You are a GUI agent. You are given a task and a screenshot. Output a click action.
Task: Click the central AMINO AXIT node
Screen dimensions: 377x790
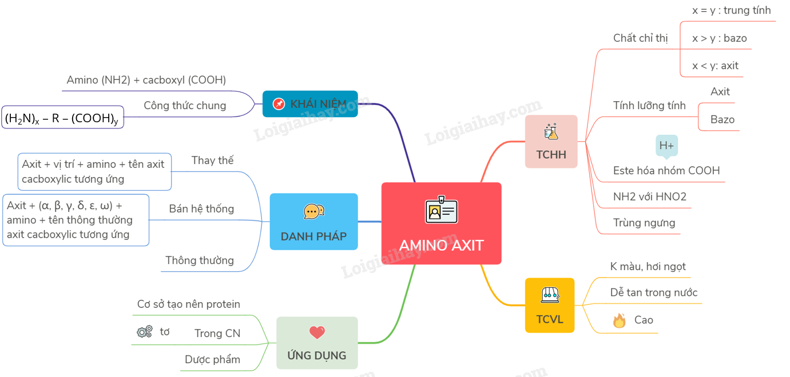click(x=441, y=223)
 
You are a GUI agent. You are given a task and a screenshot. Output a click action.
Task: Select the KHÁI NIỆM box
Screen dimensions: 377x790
click(x=310, y=104)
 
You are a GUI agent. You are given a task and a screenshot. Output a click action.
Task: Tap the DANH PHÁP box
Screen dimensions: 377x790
click(x=313, y=222)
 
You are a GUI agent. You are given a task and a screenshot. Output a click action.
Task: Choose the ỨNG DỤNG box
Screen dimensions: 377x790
click(x=316, y=343)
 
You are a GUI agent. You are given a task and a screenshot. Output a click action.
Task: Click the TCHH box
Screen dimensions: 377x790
click(x=551, y=142)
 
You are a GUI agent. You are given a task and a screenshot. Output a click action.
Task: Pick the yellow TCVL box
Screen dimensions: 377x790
click(x=549, y=305)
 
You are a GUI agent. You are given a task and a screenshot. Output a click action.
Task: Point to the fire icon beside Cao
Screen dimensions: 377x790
click(x=619, y=320)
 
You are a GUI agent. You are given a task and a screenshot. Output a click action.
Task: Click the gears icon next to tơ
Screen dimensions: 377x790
click(x=145, y=332)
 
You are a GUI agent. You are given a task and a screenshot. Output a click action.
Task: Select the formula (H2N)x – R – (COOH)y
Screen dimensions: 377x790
click(x=62, y=118)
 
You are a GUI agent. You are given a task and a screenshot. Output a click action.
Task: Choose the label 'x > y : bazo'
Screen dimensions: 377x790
click(x=719, y=38)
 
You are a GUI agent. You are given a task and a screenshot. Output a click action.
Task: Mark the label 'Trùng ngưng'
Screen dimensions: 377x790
click(x=644, y=223)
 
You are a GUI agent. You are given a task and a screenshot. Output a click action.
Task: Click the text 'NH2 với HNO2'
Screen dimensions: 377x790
click(x=649, y=196)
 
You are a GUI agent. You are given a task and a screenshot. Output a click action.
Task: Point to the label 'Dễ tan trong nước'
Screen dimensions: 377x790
click(x=653, y=292)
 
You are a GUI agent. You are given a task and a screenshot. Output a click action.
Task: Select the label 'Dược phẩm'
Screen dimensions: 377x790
click(x=212, y=359)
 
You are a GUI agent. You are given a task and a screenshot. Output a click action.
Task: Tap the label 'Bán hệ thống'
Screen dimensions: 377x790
click(x=201, y=208)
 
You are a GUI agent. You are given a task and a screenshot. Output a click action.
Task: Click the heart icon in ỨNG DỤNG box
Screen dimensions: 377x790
click(x=317, y=332)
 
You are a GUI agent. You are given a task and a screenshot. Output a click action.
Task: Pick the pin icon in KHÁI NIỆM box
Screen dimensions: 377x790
click(x=279, y=104)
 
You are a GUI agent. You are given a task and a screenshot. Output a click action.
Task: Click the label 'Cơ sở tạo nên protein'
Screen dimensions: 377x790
click(x=189, y=304)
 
